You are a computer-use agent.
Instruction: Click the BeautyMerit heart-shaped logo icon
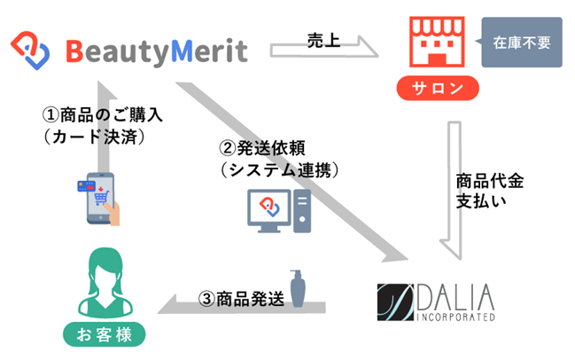pos(30,51)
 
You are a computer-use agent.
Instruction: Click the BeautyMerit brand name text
pos(157,51)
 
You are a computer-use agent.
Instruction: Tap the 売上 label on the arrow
pos(323,41)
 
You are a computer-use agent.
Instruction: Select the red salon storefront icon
pos(437,42)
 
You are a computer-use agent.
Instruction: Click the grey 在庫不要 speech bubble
pos(521,43)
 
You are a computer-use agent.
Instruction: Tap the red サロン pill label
pos(438,88)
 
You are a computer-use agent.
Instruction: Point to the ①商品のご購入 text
pos(102,115)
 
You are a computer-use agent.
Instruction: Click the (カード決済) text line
pos(95,137)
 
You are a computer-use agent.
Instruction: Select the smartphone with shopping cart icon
pos(101,199)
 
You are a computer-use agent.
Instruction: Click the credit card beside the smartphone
pos(86,186)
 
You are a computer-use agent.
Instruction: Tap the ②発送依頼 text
pos(262,148)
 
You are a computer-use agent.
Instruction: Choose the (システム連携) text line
pos(279,170)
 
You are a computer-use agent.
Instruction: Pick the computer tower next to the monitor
pos(302,211)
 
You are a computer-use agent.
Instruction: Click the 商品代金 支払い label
pos(490,191)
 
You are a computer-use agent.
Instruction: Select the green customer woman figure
pos(105,283)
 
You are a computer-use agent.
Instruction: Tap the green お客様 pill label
pos(105,334)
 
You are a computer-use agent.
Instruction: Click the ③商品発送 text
pos(241,299)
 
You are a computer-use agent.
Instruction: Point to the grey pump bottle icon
pos(298,288)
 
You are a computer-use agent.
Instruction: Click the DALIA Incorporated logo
pos(436,302)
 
